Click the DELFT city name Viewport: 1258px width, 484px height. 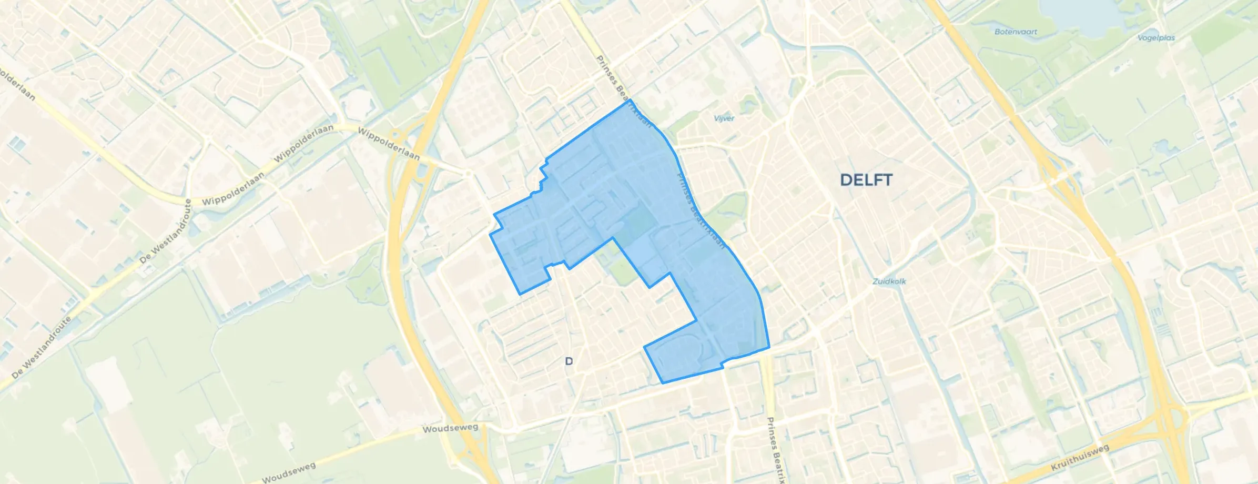coord(866,180)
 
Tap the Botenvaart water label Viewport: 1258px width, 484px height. coord(1016,32)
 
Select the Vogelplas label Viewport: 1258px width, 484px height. coord(1155,38)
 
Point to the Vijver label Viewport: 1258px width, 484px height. coord(724,118)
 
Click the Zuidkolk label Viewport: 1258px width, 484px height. coord(889,281)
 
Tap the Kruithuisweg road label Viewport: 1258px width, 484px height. coord(1080,458)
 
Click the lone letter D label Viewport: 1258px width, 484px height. coord(569,361)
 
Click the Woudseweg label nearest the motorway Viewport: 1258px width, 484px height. coord(450,428)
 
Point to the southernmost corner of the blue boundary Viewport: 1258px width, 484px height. coord(662,383)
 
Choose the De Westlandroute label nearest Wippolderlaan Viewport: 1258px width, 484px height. coord(166,234)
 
